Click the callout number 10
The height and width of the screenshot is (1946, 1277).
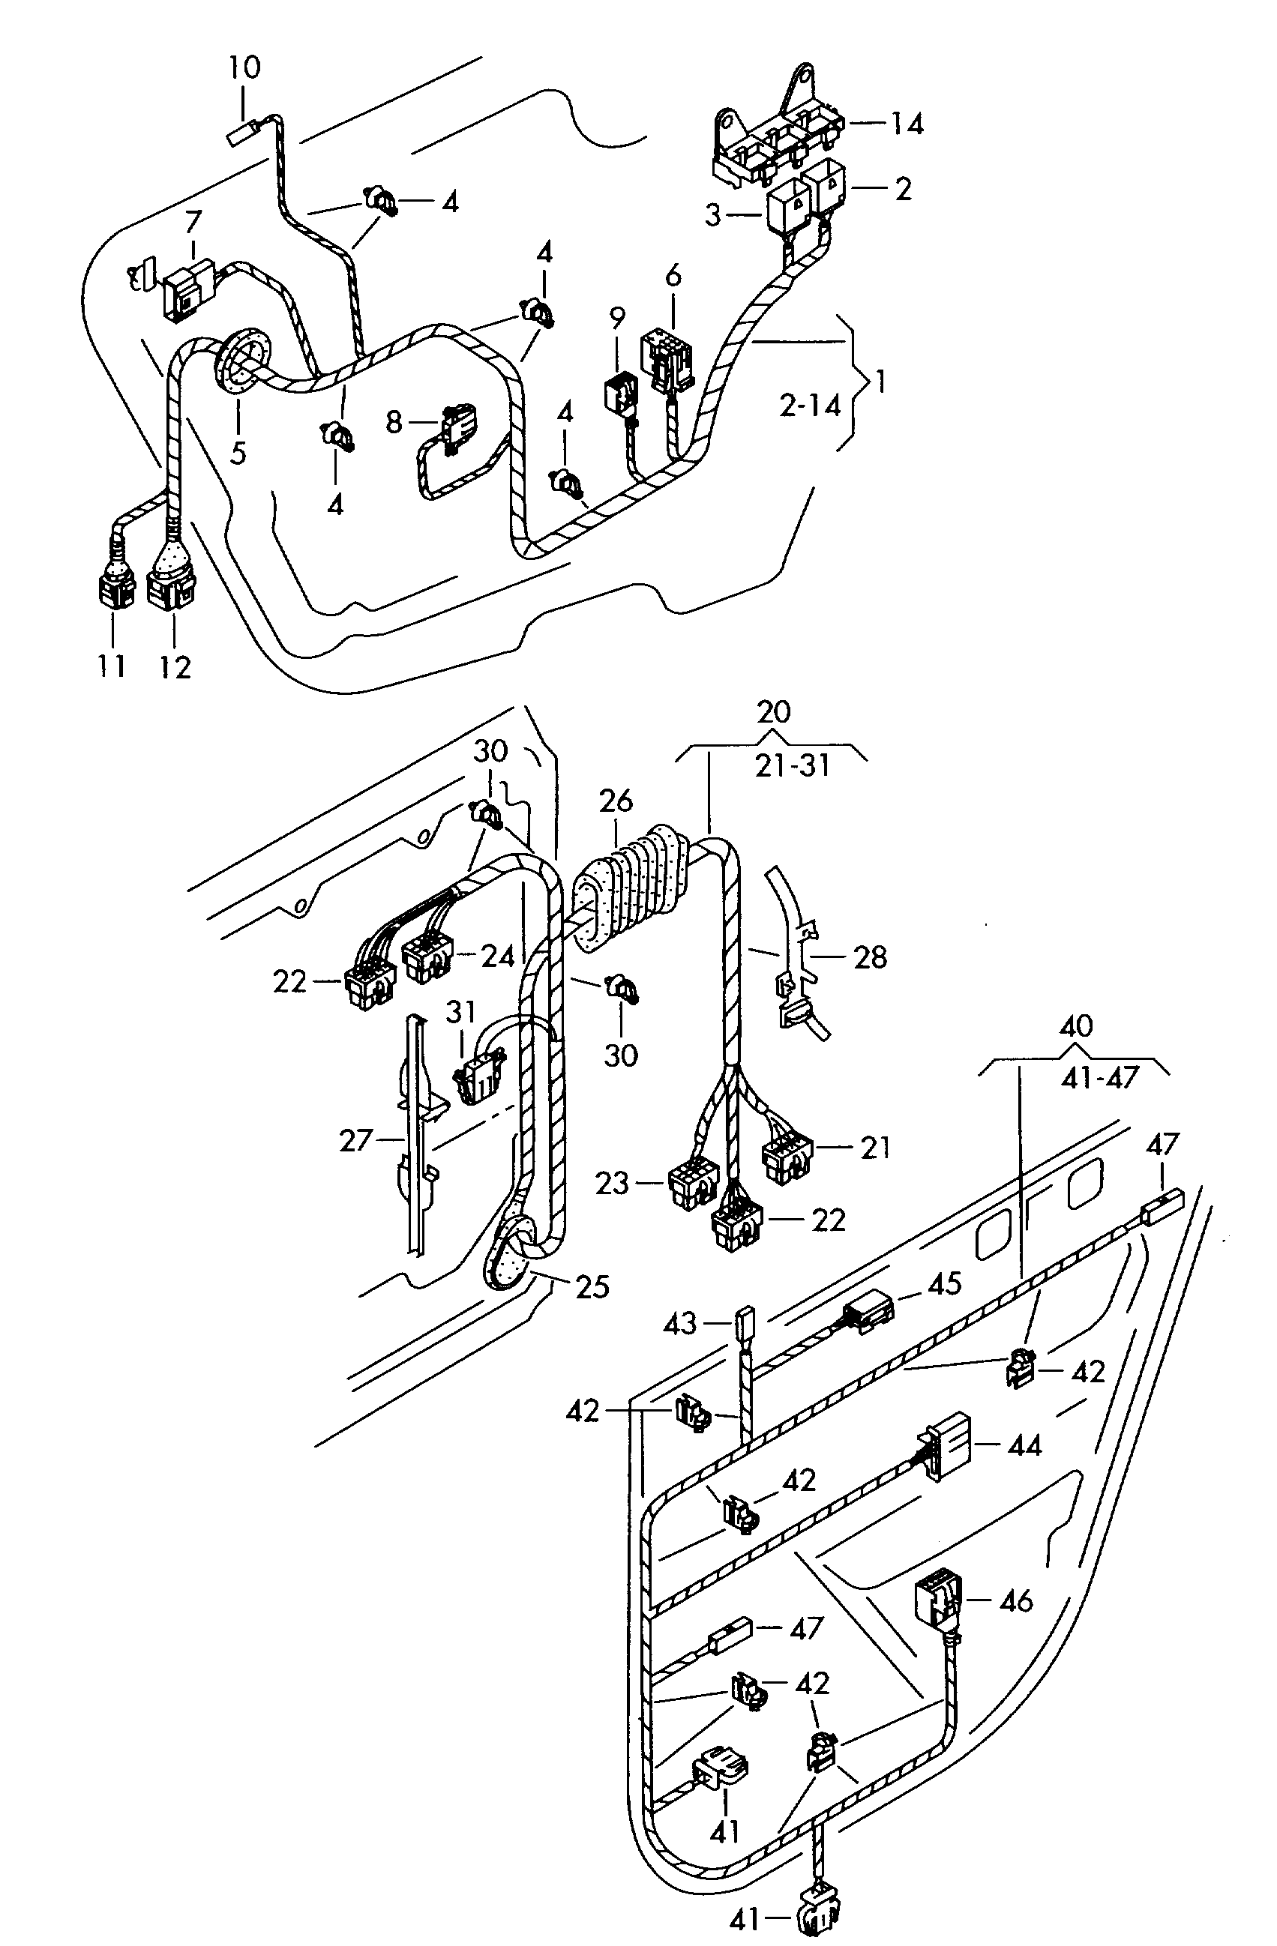point(244,67)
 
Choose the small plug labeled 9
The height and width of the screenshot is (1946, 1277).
point(621,393)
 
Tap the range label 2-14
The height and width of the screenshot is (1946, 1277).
point(810,405)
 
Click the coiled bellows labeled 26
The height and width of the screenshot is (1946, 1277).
point(634,890)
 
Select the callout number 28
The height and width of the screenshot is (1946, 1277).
point(870,957)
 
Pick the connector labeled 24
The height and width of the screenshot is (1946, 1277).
point(427,958)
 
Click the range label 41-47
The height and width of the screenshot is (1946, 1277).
point(1099,1078)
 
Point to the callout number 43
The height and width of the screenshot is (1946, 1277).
point(681,1323)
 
